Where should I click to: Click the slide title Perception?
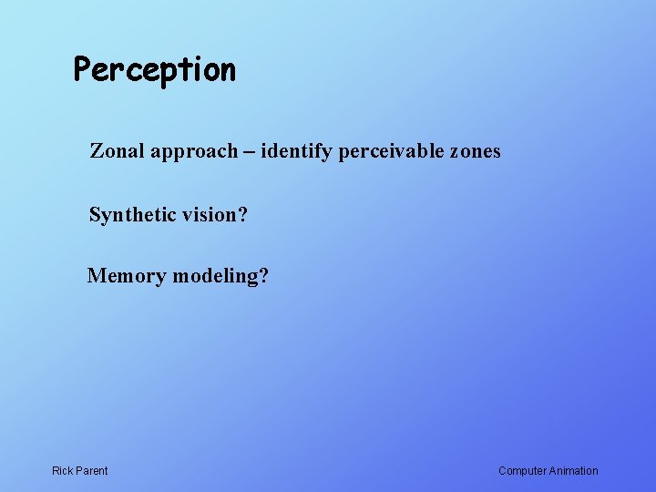pyautogui.click(x=155, y=70)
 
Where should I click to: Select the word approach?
pyautogui.click(x=193, y=152)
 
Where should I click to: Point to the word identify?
pyautogui.click(x=296, y=152)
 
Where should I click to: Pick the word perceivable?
pyautogui.click(x=391, y=152)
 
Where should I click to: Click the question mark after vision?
pyautogui.click(x=243, y=216)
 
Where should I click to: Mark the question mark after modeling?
pyautogui.click(x=264, y=276)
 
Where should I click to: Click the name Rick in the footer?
pyautogui.click(x=63, y=471)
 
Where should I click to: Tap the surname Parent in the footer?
pyautogui.click(x=92, y=471)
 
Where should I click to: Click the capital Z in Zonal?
pyautogui.click(x=96, y=151)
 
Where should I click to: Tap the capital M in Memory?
pyautogui.click(x=96, y=276)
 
